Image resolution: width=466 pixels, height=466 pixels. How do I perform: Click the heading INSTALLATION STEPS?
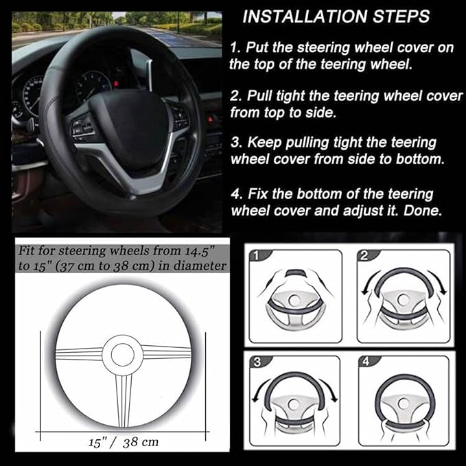click(x=336, y=16)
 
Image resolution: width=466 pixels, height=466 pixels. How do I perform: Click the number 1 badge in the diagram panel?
click(x=257, y=256)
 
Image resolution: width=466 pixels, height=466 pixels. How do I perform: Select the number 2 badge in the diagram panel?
click(x=365, y=255)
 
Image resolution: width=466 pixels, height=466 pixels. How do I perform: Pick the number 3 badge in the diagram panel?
click(x=256, y=362)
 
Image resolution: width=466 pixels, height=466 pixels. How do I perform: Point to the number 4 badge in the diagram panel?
click(x=365, y=362)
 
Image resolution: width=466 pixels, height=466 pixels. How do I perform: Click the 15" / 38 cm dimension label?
click(x=124, y=441)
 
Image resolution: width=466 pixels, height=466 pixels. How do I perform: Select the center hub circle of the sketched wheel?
click(x=123, y=353)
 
